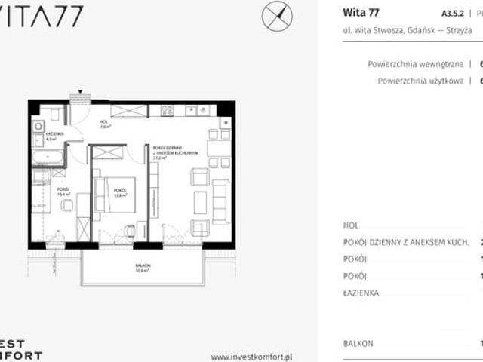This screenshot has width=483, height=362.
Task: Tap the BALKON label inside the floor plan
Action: (144, 265)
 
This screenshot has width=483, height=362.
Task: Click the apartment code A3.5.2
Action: (441, 13)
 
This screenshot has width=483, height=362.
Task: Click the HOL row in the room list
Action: (350, 225)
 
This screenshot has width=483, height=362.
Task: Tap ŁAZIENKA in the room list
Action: (361, 293)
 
